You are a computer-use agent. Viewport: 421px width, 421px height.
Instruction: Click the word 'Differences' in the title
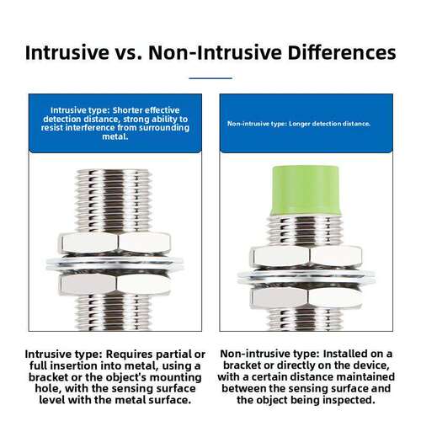coord(342,52)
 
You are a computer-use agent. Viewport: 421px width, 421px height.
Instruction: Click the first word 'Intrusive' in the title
coord(67,52)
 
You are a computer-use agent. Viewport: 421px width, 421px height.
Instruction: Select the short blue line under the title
coord(210,78)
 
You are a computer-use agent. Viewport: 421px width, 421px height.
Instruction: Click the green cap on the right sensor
coord(306,191)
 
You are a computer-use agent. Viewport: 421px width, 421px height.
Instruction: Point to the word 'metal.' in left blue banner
coord(115,136)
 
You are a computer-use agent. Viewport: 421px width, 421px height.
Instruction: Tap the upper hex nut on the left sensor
coord(115,242)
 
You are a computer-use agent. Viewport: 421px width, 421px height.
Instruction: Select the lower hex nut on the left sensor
coord(115,284)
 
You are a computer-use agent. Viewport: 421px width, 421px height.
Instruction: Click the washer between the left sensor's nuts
coord(115,264)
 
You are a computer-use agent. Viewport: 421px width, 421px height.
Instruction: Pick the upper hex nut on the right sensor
coord(306,257)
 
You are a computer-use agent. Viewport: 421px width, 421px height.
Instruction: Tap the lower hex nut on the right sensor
coord(306,298)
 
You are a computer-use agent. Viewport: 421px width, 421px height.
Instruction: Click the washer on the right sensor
coord(306,278)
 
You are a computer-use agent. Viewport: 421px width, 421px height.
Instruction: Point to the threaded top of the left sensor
coord(114,201)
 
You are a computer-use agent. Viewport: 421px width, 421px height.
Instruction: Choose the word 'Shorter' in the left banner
coord(128,110)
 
